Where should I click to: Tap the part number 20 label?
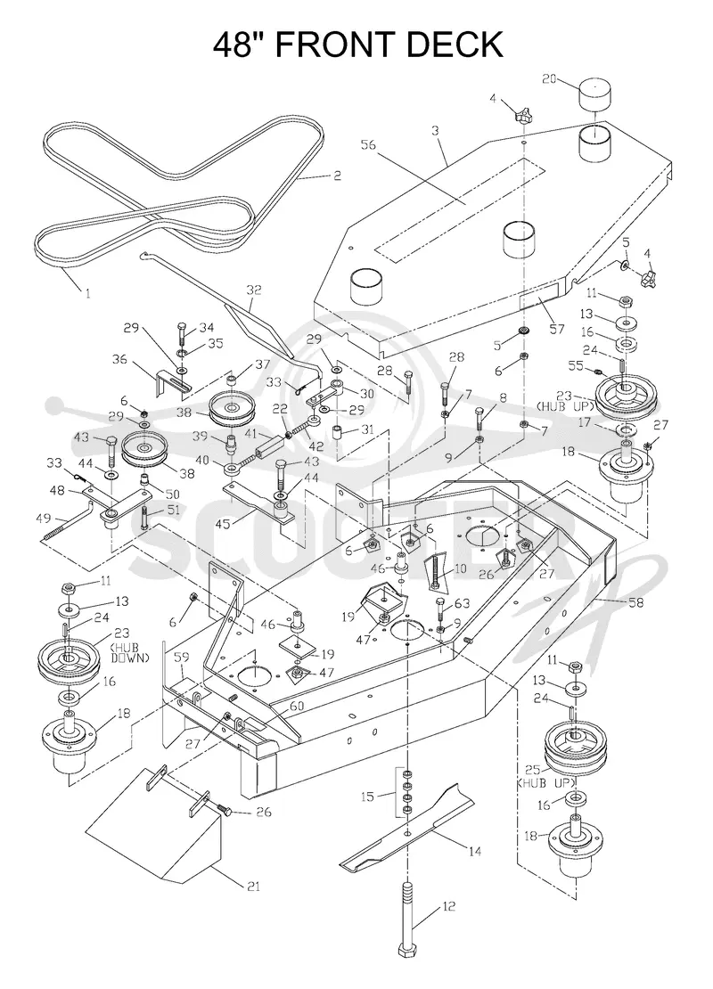pos(550,78)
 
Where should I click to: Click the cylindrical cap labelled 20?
pos(596,94)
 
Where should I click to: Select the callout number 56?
pos(368,145)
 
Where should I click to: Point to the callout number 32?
pos(254,290)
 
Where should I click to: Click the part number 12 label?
pos(448,907)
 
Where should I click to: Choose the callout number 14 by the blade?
pos(474,852)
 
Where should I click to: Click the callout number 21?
pos(253,887)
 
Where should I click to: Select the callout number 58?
pos(635,602)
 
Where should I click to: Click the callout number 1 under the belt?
pos(87,293)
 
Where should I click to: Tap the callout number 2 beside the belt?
pos(337,176)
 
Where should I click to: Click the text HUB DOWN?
pos(130,652)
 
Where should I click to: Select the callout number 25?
pos(533,770)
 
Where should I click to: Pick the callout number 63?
pos(463,604)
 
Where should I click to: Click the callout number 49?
pos(44,519)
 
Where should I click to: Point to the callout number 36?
pos(119,359)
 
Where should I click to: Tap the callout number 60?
pos(297,706)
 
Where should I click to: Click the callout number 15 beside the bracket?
pos(368,797)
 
